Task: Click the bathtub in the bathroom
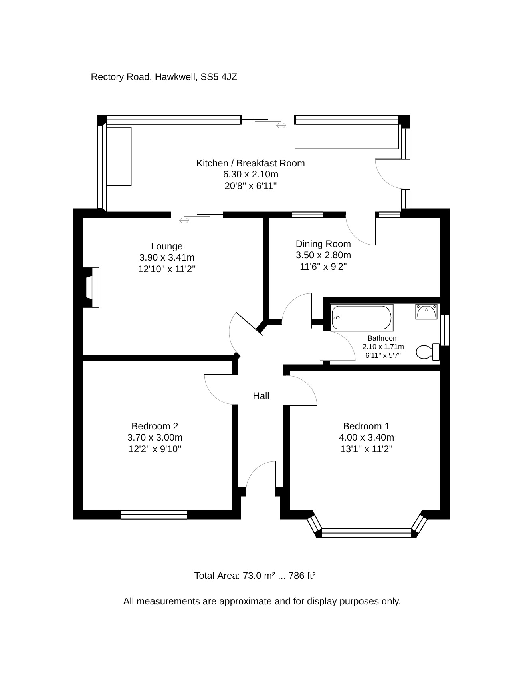tap(362, 317)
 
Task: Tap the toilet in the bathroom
tap(428, 352)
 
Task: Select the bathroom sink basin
tap(426, 311)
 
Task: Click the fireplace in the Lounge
tap(92, 287)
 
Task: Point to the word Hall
tap(261, 396)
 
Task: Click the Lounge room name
tap(167, 246)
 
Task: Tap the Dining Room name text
tap(323, 244)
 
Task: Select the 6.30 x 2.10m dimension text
tap(251, 174)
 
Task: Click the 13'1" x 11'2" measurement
tap(366, 449)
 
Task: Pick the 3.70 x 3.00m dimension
tap(155, 437)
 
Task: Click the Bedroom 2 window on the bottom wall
tap(154, 514)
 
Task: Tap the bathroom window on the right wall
tap(445, 330)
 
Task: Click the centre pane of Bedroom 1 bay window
tap(366, 533)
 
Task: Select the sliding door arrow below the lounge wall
tap(184, 220)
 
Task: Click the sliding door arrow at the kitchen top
tap(281, 126)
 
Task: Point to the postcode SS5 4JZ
tap(219, 77)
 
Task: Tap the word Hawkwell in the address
tap(176, 77)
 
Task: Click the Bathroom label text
tap(383, 338)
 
